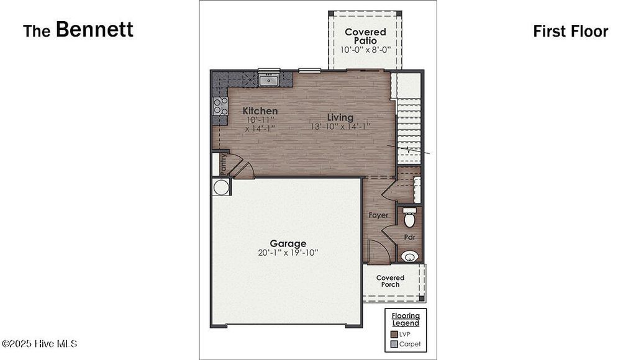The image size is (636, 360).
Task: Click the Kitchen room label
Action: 260,111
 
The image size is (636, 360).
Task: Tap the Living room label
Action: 340,117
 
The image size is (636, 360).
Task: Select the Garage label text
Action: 288,243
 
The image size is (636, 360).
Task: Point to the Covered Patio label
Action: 365,36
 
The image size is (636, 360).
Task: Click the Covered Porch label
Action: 390,281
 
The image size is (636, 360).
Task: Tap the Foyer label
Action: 378,215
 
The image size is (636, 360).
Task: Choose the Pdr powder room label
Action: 409,237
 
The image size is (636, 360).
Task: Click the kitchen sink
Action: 269,79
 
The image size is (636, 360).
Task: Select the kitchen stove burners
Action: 220,106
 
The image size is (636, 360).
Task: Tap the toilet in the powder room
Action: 410,218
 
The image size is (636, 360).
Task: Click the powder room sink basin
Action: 409,255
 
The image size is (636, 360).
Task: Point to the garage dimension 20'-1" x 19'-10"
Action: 288,253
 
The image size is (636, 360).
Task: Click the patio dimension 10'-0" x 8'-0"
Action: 365,50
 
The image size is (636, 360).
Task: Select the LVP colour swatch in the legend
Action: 394,334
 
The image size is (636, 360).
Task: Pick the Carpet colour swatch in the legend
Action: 394,344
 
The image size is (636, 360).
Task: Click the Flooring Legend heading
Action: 406,319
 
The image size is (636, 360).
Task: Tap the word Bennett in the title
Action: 94,29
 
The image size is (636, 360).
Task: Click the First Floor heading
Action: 570,32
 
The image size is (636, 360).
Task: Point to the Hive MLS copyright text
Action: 39,343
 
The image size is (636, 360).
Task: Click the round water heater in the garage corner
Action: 220,187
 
